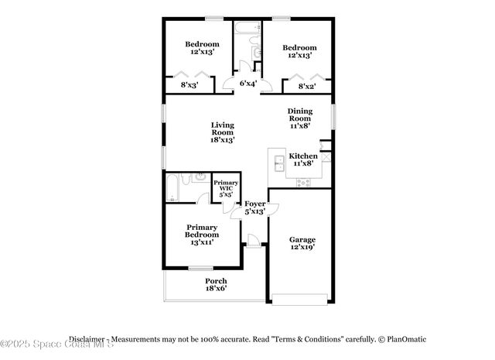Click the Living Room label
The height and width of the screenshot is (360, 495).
223,132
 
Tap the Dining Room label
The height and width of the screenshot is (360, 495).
300,118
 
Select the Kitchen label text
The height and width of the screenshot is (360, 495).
302,159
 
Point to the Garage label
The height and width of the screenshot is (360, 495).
302,243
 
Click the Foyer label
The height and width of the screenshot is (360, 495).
255,207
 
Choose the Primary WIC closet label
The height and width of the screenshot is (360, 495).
226,190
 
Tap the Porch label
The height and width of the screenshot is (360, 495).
216,284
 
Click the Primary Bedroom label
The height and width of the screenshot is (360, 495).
202,235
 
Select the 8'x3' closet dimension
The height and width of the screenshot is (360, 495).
190,85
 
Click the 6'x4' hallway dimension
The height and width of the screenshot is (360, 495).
247,83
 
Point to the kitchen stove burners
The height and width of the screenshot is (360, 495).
303,183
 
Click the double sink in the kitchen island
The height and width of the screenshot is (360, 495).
278,163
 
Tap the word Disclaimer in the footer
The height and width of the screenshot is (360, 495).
86,339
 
